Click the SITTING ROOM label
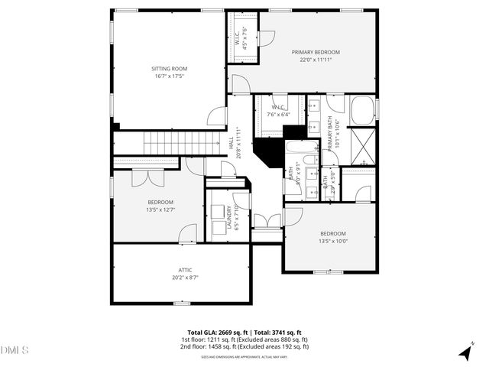coord(168,69)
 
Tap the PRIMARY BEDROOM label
coord(316,52)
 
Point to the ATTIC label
coord(185,270)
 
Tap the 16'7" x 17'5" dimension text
coord(168,76)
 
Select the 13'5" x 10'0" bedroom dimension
coord(333,242)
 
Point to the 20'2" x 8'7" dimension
coord(185,278)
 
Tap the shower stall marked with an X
coord(361,145)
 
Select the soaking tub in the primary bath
coord(363,109)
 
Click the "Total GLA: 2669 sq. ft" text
coord(215,332)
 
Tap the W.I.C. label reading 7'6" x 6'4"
coord(276,110)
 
